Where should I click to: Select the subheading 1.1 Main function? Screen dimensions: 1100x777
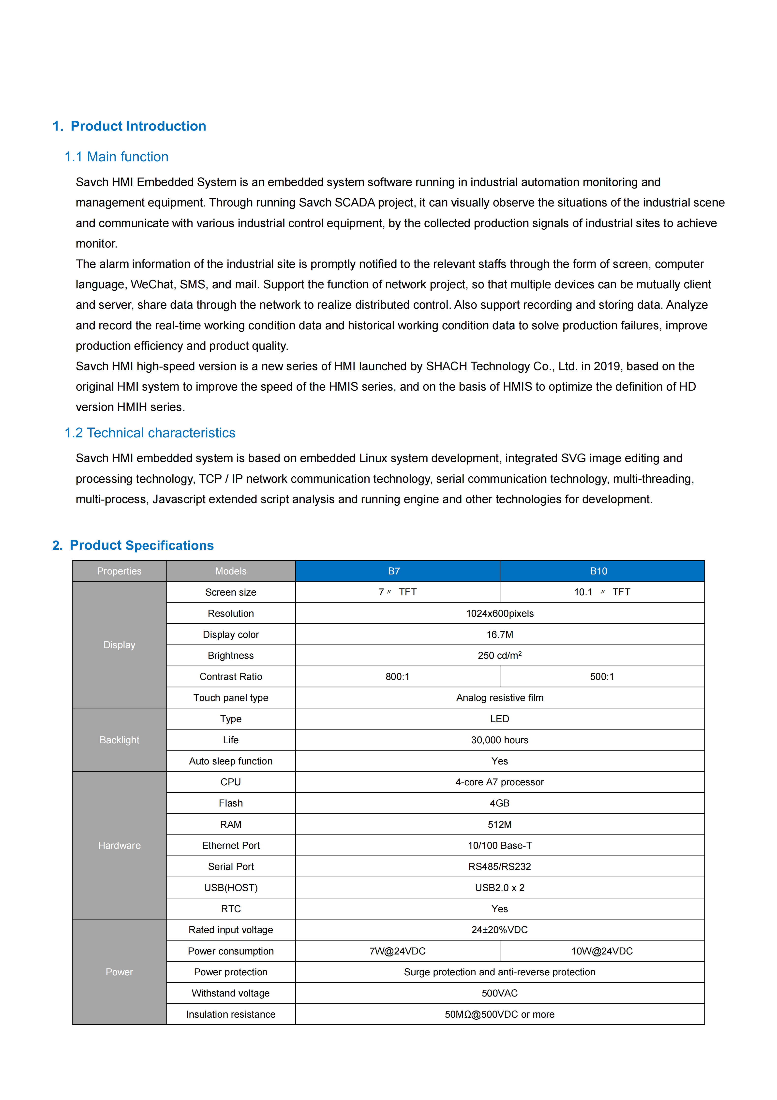point(117,157)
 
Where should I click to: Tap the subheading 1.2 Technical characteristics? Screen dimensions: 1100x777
point(150,433)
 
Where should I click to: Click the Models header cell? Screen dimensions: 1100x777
point(231,571)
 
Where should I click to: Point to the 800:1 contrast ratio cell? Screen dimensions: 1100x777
point(397,676)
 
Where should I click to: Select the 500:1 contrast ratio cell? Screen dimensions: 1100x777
point(602,676)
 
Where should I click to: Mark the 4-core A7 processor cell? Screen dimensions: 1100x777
point(499,782)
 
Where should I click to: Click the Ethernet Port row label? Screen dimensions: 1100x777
point(231,845)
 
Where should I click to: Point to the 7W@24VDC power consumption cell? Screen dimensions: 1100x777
point(397,951)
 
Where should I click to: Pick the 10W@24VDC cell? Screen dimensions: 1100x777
point(602,951)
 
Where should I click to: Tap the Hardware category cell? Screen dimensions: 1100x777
point(119,845)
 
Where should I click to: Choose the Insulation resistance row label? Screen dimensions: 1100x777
point(231,1014)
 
